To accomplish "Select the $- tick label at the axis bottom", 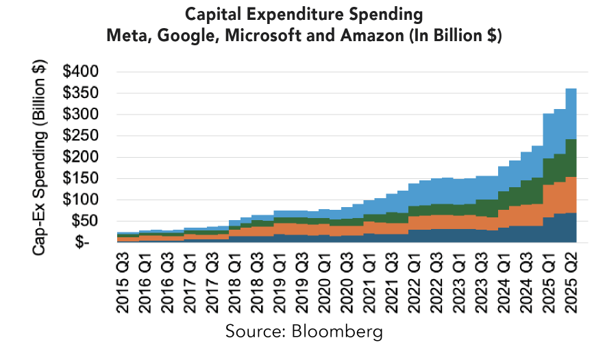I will [89, 243].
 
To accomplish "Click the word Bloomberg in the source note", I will [335, 332].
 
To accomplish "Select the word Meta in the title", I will [125, 36].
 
